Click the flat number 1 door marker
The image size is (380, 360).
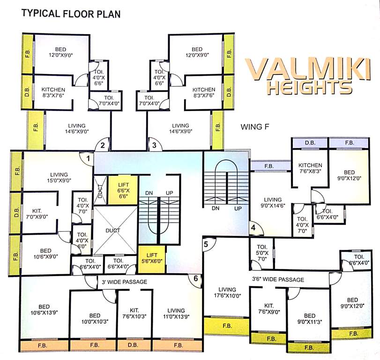pyautogui.click(x=88, y=158)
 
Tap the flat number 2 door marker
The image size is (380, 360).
pyautogui.click(x=103, y=145)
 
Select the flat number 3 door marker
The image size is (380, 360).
pyautogui.click(x=154, y=145)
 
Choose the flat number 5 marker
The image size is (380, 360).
pyautogui.click(x=206, y=244)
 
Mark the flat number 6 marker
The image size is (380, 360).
pyautogui.click(x=196, y=279)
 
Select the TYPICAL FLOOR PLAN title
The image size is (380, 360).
pyautogui.click(x=71, y=14)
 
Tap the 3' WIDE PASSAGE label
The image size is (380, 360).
pyautogui.click(x=125, y=282)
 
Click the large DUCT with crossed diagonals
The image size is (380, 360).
pyautogui.click(x=113, y=231)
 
